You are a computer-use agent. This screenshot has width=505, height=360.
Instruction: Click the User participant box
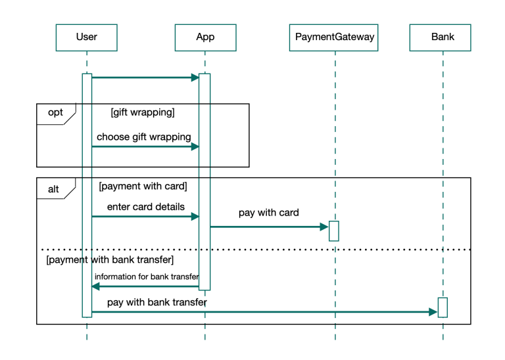click(86, 37)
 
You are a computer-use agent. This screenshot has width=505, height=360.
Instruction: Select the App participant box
click(205, 37)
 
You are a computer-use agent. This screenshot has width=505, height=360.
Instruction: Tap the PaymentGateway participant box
click(335, 37)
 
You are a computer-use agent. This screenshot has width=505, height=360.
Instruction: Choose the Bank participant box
click(443, 37)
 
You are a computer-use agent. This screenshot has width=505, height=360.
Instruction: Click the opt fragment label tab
click(55, 113)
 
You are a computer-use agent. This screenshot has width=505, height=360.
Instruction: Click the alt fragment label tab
click(54, 189)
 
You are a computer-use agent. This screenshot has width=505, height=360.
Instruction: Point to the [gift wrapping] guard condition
click(143, 113)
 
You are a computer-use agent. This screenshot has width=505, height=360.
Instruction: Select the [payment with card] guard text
click(143, 187)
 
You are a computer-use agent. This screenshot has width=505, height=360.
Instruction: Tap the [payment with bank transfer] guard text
click(110, 261)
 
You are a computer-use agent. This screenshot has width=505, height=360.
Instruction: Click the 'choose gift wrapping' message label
click(144, 137)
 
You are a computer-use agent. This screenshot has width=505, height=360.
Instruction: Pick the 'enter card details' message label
click(145, 207)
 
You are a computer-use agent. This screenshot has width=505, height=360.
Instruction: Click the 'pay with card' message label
click(268, 213)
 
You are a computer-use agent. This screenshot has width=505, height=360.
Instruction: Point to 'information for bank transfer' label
click(146, 277)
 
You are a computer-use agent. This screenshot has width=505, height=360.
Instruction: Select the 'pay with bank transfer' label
click(156, 303)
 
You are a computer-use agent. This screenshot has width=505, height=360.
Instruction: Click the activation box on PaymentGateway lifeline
click(334, 231)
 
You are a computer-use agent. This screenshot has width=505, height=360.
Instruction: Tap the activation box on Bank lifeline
click(443, 307)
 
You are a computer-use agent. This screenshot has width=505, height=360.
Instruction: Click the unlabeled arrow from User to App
click(145, 78)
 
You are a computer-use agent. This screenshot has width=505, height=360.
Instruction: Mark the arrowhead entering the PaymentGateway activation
click(324, 227)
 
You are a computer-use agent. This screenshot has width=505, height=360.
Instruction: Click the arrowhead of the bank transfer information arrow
click(95, 286)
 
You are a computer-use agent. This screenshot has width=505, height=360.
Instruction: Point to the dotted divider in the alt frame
click(263, 250)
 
